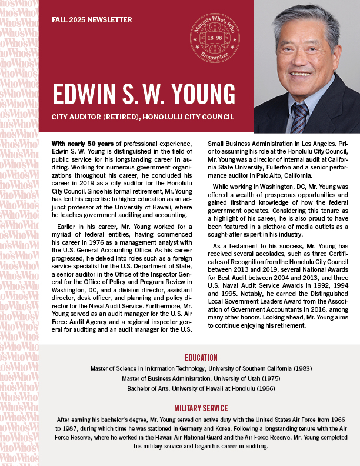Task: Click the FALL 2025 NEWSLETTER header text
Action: pyautogui.click(x=91, y=19)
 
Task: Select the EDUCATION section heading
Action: pyautogui.click(x=201, y=357)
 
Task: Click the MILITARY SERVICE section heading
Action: pyautogui.click(x=201, y=408)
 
